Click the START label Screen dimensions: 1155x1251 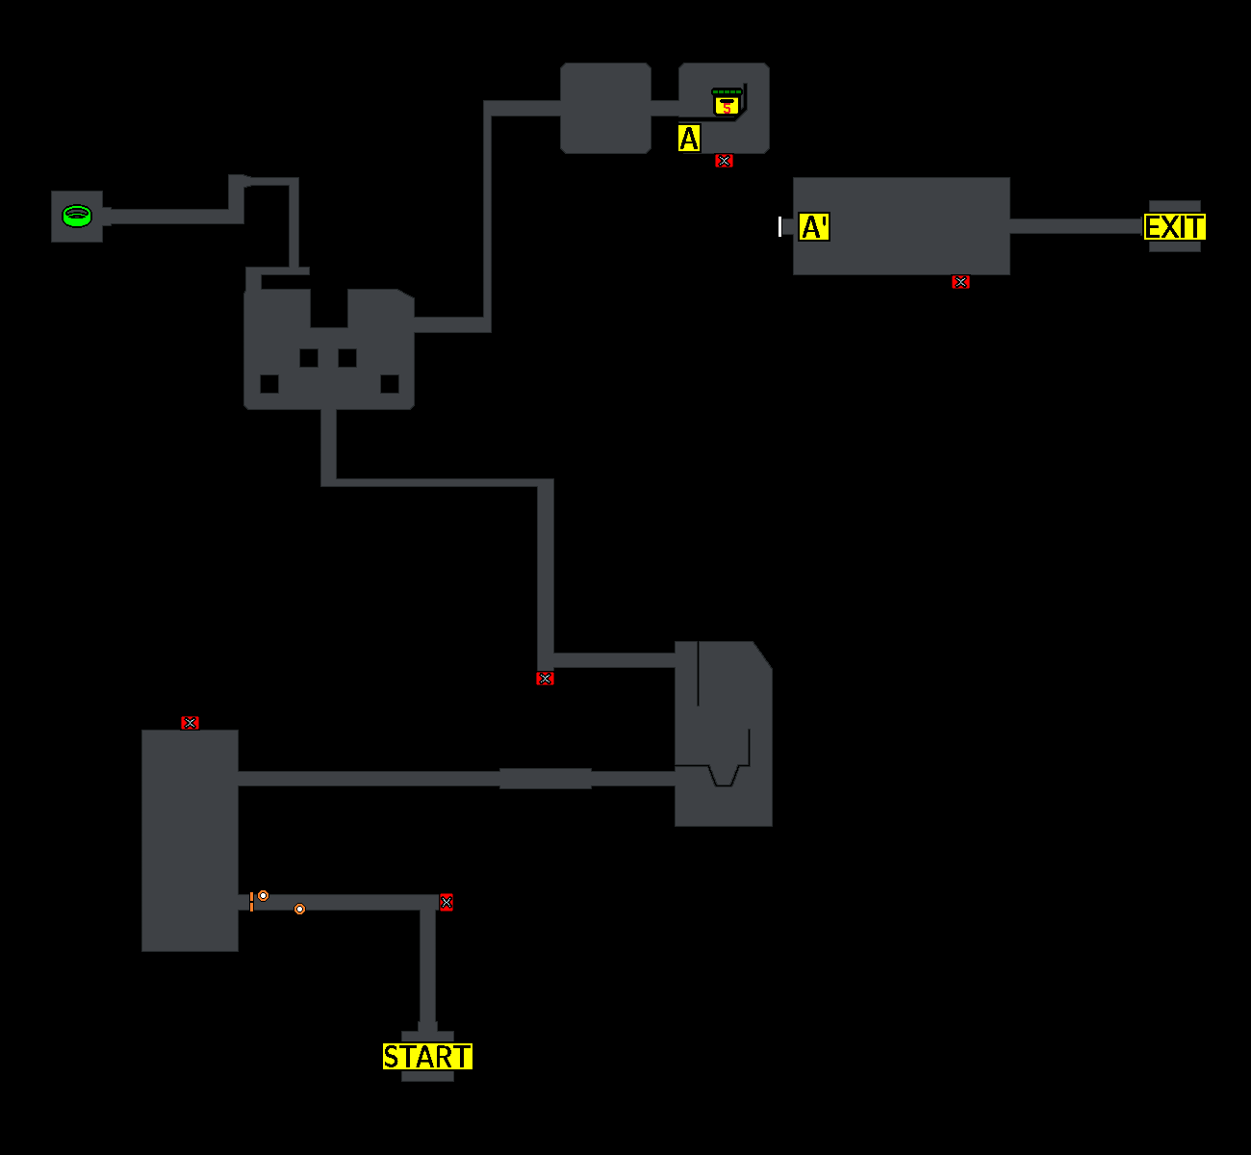click(427, 1057)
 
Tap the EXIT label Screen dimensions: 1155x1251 click(1174, 227)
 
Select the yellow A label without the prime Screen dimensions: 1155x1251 click(689, 139)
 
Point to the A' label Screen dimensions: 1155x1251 click(814, 227)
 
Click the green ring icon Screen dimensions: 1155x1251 click(77, 216)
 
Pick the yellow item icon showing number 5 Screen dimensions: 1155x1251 click(728, 102)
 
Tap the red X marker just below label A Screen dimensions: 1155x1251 click(725, 161)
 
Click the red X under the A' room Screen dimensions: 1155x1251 click(960, 282)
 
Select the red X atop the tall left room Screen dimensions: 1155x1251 click(191, 723)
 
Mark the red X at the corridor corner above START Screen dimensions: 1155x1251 click(447, 903)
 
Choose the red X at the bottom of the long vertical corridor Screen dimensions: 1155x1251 click(546, 679)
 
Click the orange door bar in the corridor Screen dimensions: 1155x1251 click(251, 902)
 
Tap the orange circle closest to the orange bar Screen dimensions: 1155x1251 click(264, 896)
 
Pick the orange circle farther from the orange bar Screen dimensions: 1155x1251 click(300, 909)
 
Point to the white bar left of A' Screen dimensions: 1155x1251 click(780, 226)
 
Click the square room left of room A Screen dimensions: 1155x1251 click(605, 109)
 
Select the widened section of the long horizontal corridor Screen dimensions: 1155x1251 click(545, 779)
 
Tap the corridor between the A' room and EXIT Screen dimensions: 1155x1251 click(1076, 227)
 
